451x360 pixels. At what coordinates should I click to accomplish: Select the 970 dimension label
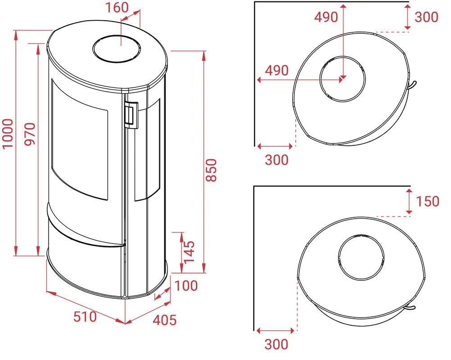30,134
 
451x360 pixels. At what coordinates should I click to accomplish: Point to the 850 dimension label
212,170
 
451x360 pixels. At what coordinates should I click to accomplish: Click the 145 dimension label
189,252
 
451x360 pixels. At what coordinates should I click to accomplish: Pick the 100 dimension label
186,286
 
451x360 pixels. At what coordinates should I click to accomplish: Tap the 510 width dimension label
85,317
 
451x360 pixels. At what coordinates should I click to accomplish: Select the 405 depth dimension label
165,320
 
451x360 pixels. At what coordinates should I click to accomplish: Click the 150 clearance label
428,201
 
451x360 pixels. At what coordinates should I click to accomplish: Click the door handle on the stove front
131,114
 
